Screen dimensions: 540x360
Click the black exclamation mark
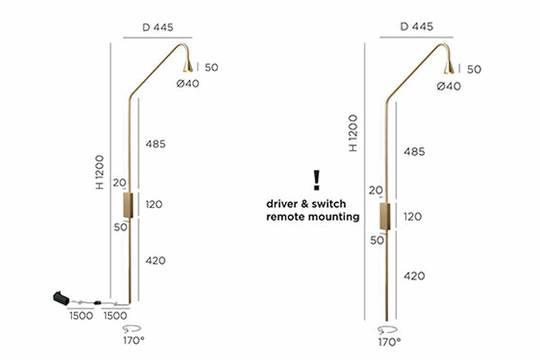316,180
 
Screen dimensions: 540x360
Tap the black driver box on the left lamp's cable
61,298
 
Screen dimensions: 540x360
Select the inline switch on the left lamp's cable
97,302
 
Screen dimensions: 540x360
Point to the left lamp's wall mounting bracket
128,205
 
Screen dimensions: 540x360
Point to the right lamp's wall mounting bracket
385,216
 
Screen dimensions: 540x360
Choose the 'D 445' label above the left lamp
158,27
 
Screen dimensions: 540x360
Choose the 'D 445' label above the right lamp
417,27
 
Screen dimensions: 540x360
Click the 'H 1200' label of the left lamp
99,172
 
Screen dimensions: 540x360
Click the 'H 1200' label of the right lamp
353,133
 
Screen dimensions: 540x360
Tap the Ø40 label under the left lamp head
188,84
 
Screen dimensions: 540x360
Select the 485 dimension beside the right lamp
414,152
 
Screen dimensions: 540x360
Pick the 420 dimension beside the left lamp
156,261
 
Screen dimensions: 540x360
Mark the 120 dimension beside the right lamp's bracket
413,216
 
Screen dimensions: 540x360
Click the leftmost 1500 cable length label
81,315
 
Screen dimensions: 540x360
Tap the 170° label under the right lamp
390,342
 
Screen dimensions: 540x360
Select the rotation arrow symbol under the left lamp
132,328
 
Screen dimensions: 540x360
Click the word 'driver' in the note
282,204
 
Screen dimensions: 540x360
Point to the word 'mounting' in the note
334,217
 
